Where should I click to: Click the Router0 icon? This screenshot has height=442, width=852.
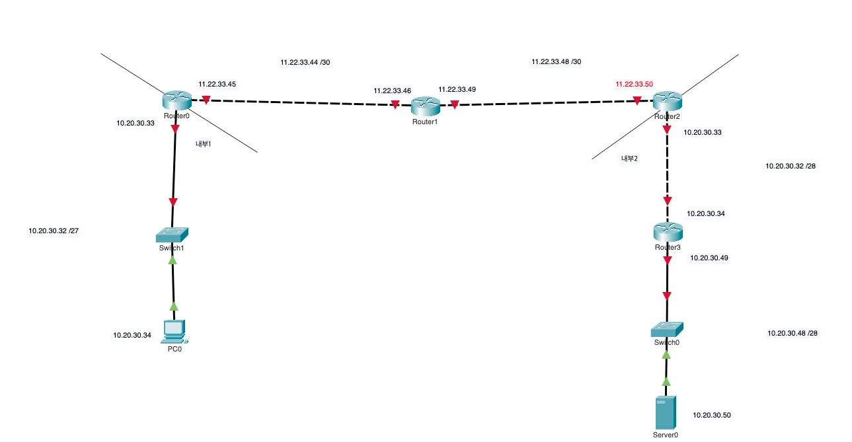pos(176,100)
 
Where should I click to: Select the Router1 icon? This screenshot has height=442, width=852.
pos(425,105)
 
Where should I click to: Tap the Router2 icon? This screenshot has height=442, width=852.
pos(667,102)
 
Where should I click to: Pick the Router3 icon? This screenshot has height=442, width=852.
pos(668,232)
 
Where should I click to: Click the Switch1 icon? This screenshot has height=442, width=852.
pos(173,234)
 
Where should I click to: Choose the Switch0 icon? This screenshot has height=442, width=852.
pos(666,328)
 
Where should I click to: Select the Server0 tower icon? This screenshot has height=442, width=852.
pos(666,413)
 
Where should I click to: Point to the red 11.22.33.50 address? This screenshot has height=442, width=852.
pos(634,85)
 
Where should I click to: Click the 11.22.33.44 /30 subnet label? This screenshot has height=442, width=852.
pos(305,62)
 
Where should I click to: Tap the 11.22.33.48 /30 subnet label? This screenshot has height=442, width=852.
pos(557,61)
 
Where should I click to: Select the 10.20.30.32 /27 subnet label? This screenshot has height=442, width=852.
pos(54,231)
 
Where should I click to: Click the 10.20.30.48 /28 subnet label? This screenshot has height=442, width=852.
pos(793,334)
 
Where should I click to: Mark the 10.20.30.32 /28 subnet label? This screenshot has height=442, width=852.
pos(791,166)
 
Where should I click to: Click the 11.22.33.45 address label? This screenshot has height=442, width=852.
pos(217,85)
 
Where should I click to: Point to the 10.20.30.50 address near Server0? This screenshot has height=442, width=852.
pos(712,416)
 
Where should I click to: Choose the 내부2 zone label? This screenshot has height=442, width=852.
pos(629,159)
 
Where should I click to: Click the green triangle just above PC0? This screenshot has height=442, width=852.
pos(174,306)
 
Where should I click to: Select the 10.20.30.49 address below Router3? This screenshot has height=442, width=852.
pos(709,258)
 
